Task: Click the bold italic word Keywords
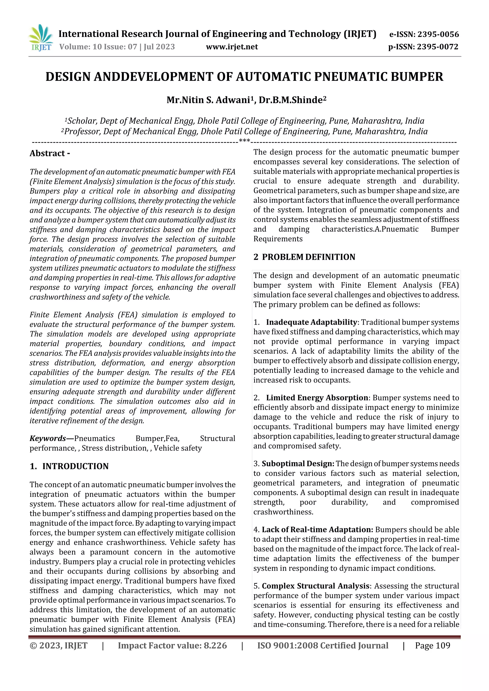(x=48, y=438)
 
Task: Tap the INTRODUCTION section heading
(x=75, y=466)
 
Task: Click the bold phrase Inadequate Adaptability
(x=312, y=322)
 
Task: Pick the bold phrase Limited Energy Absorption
(x=317, y=398)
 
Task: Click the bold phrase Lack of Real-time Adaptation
(x=317, y=530)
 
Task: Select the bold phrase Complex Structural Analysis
(x=315, y=586)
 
